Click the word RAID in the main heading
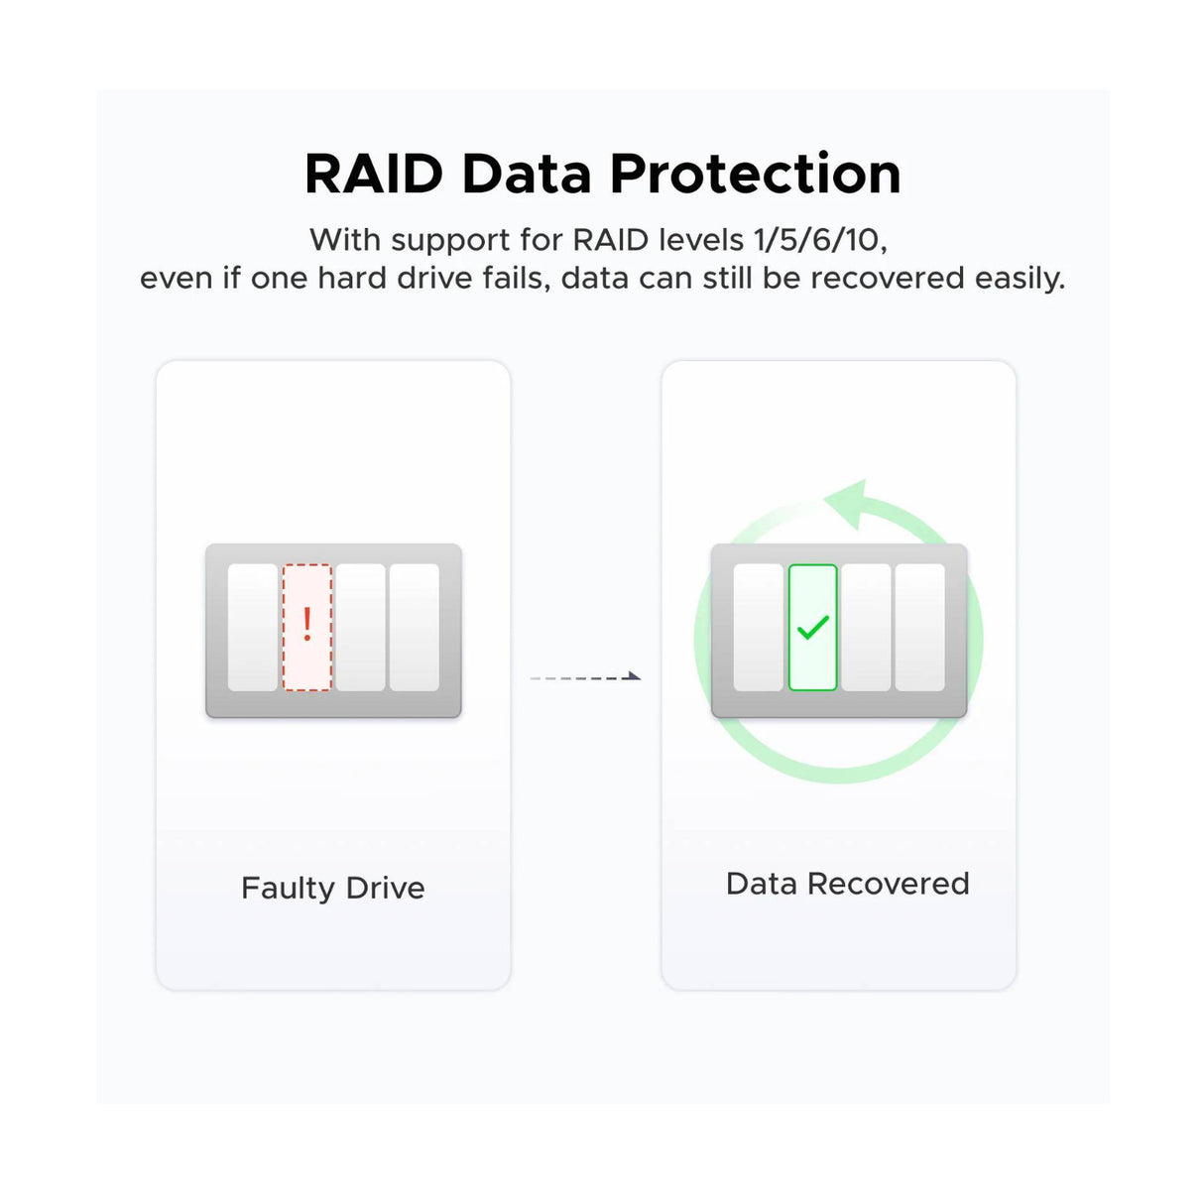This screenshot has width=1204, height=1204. (373, 174)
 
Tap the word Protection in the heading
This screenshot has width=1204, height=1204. (755, 174)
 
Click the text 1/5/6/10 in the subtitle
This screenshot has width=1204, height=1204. (818, 240)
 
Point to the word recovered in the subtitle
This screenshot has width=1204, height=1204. (888, 278)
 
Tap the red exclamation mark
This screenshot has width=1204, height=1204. (306, 624)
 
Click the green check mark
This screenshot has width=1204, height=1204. (813, 628)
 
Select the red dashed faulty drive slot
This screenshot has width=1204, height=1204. (306, 628)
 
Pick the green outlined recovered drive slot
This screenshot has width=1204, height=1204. (812, 628)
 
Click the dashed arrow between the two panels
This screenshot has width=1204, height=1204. (585, 676)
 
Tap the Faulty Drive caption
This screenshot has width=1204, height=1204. (333, 889)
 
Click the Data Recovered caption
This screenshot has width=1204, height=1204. (847, 884)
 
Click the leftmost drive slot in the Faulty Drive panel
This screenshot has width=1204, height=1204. (253, 628)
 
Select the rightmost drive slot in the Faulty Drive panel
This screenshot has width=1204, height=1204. (415, 628)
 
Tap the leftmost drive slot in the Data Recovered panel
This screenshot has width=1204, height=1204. (758, 628)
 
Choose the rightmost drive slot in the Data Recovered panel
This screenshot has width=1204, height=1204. (919, 628)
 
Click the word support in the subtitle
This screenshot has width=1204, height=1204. (450, 241)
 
